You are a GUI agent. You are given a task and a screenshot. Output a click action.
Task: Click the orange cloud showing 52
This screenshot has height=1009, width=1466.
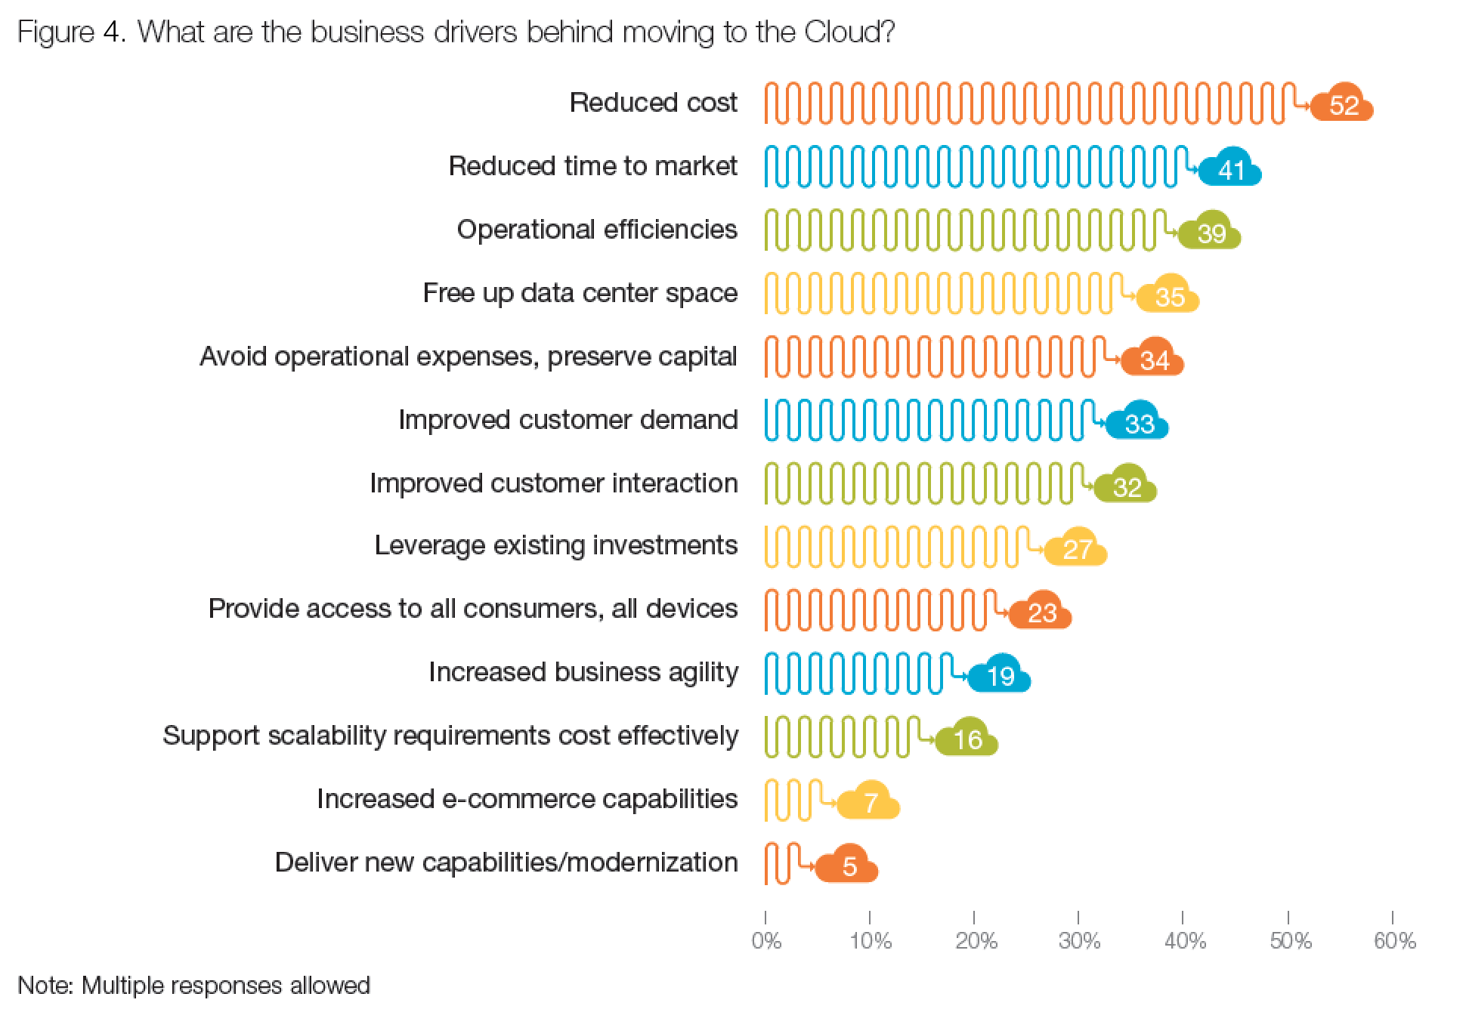point(1343,104)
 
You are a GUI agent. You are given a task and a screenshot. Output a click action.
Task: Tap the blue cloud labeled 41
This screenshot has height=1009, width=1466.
point(1231,168)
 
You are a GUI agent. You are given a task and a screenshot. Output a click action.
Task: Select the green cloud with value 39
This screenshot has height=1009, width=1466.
point(1211,232)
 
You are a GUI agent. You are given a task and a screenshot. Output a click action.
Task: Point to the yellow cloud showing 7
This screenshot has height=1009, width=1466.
point(870,801)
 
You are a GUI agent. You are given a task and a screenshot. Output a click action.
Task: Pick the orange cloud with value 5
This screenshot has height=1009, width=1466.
point(848,865)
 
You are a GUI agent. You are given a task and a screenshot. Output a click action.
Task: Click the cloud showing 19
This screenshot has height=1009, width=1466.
point(1001,674)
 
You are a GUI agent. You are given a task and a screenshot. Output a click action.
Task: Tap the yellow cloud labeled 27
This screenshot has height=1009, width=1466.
point(1077,548)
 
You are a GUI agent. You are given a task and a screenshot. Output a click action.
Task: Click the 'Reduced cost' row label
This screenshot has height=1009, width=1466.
point(653,103)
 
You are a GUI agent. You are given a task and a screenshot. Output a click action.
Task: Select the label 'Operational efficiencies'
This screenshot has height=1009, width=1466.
point(597,230)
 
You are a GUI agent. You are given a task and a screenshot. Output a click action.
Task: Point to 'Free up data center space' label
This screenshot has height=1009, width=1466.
point(580,293)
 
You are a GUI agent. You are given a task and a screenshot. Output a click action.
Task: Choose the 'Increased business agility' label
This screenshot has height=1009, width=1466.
point(583,672)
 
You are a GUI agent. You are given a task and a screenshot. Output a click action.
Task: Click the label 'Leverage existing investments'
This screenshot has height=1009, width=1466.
point(555,545)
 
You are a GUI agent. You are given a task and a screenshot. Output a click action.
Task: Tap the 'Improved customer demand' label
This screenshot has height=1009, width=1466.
point(568,420)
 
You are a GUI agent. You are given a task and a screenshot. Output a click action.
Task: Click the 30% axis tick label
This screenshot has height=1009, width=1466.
point(1079,941)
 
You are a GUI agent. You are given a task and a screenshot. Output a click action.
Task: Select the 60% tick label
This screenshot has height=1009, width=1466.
point(1394,941)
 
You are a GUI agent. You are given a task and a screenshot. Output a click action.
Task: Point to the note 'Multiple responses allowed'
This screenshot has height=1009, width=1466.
point(225,986)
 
